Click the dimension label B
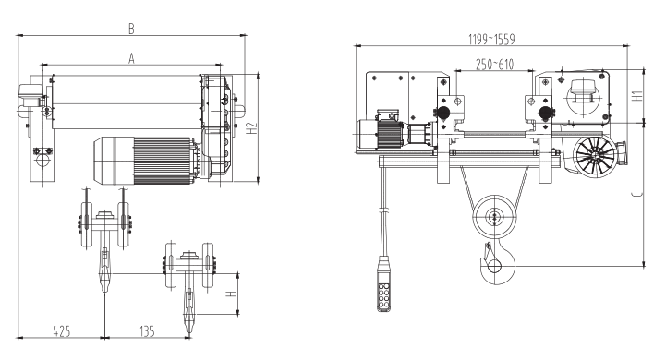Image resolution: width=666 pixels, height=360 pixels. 132,29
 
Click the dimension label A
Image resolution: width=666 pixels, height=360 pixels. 132,58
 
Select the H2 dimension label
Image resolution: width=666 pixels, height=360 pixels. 252,129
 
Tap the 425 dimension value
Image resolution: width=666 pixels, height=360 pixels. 62,331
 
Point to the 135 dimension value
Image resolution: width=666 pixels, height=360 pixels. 147,331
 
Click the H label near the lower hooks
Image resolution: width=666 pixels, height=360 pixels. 231,294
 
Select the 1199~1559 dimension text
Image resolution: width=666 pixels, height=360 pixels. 491,39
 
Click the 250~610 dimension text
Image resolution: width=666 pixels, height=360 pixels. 494,64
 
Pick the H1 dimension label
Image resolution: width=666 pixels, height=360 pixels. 637,95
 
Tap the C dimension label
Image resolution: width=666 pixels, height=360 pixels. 636,195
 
